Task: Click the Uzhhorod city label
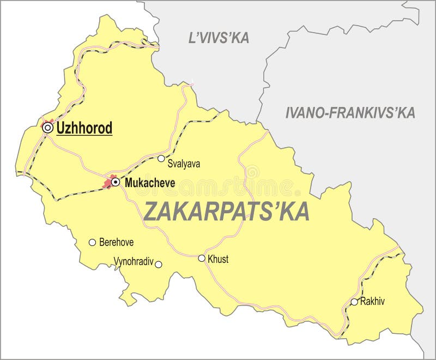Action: click(x=84, y=129)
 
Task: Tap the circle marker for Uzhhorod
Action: click(x=48, y=128)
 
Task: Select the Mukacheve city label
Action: click(x=150, y=183)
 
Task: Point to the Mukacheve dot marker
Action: click(x=116, y=182)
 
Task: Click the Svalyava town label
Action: click(x=184, y=163)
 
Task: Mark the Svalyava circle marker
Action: click(x=161, y=159)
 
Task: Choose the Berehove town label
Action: click(x=116, y=243)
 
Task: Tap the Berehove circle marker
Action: click(x=92, y=242)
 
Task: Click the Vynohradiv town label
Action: click(x=134, y=261)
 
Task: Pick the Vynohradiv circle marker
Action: click(x=159, y=265)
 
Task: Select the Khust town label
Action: click(x=218, y=260)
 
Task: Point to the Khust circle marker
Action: click(x=202, y=259)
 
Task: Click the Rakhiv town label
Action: click(x=372, y=301)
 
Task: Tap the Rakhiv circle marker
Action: click(x=354, y=302)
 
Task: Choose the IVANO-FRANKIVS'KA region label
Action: click(x=350, y=113)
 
